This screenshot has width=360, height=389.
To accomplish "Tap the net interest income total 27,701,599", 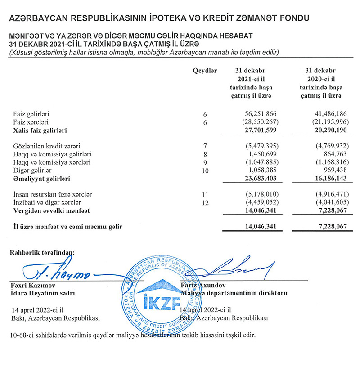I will click(x=256, y=130).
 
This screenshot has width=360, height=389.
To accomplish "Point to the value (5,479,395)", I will click(x=256, y=146).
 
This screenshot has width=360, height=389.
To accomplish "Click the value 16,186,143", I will click(x=327, y=179).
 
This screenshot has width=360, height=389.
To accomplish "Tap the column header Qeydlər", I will click(x=205, y=71).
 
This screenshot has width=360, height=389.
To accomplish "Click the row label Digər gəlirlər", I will click(x=32, y=170).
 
